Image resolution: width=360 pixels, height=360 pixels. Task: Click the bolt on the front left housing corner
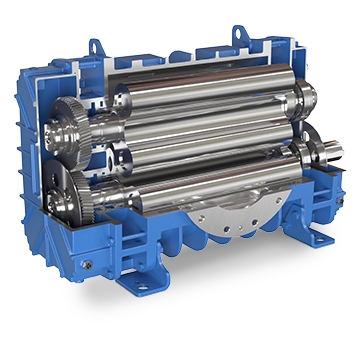87,265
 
